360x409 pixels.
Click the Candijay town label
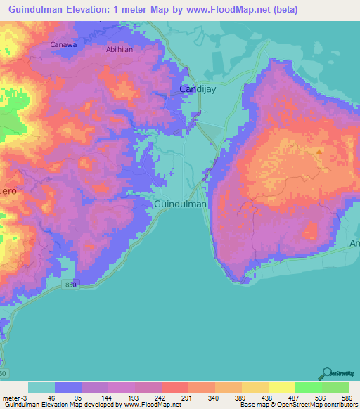pos(198,89)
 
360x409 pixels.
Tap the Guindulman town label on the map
pos(180,204)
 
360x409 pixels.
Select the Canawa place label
pos(63,44)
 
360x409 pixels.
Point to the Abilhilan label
pos(119,49)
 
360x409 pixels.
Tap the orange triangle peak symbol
pos(319,150)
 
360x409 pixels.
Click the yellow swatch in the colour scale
pos(281,387)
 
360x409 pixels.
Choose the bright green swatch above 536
pos(308,387)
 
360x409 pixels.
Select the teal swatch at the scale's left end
pos(41,387)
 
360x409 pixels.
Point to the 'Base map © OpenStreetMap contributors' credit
pos(297,405)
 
